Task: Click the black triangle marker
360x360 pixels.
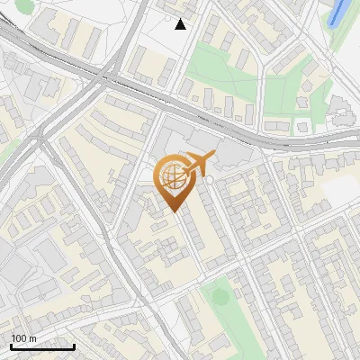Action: tap(181, 24)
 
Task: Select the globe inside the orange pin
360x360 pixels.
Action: tap(171, 177)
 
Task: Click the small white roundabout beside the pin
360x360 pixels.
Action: tap(210, 180)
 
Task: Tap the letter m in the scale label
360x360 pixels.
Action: tap(33, 338)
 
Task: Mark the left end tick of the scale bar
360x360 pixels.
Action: tap(10, 346)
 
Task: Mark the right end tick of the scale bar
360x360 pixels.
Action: tap(74, 346)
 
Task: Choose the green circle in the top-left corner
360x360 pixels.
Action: tap(24, 7)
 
